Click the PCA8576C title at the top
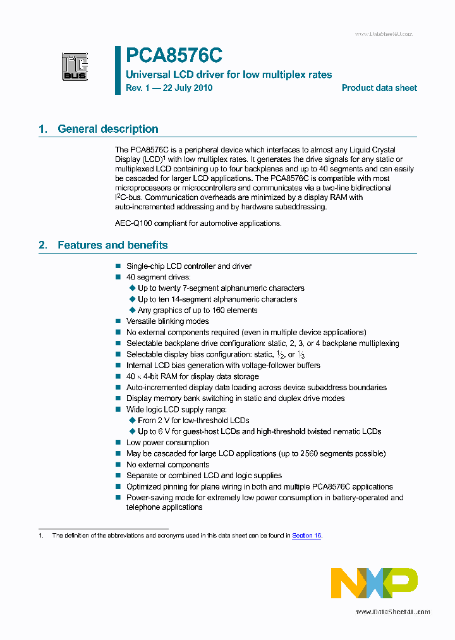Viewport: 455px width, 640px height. [174, 56]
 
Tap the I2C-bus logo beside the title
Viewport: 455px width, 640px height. [75, 66]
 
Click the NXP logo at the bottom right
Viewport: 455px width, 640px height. [374, 583]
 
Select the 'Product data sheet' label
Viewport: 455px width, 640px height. [379, 88]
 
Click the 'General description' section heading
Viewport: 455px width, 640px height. [107, 129]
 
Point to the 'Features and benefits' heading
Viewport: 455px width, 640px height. [112, 245]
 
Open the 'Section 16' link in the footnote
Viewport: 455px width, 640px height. [306, 536]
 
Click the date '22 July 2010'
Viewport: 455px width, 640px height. [188, 88]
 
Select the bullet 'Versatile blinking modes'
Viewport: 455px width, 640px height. [167, 321]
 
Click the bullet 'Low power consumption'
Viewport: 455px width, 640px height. [167, 443]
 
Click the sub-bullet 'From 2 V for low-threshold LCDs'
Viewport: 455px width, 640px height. [193, 421]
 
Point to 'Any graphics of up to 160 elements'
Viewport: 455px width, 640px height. [197, 310]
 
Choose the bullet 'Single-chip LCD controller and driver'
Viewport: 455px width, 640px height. [189, 266]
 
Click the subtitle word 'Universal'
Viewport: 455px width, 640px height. [144, 75]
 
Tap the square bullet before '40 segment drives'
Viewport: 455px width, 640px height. [118, 278]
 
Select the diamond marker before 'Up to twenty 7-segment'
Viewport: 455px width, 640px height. [133, 288]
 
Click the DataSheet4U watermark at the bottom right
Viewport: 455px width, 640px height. [392, 612]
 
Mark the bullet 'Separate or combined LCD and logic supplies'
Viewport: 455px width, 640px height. [204, 476]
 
